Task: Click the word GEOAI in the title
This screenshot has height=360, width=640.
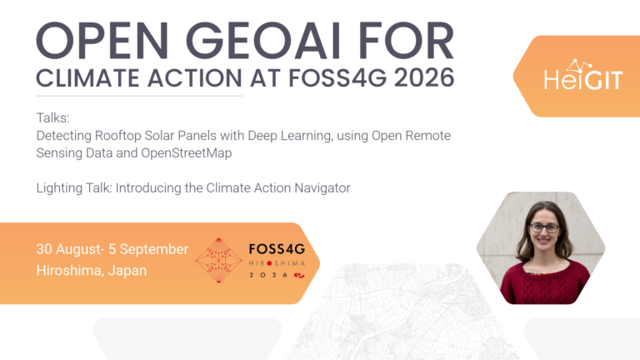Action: tap(262, 40)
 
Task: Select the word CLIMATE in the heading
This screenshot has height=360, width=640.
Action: tap(87, 77)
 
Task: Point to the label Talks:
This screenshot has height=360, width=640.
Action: tap(53, 118)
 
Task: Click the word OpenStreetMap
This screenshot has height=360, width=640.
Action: tap(187, 153)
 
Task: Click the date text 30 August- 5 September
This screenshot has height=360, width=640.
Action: tap(112, 249)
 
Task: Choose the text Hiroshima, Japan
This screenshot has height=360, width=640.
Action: tap(92, 270)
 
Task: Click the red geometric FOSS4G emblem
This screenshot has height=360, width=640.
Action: tap(219, 260)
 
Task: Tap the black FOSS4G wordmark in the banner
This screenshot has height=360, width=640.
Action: tap(277, 249)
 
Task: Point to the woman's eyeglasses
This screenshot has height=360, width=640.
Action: tap(544, 228)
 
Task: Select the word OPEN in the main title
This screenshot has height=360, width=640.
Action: tap(102, 40)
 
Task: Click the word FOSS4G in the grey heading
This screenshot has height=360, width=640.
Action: tap(337, 77)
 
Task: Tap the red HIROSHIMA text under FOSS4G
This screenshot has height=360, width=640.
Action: tap(277, 263)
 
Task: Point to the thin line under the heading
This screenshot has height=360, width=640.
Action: tap(139, 97)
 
